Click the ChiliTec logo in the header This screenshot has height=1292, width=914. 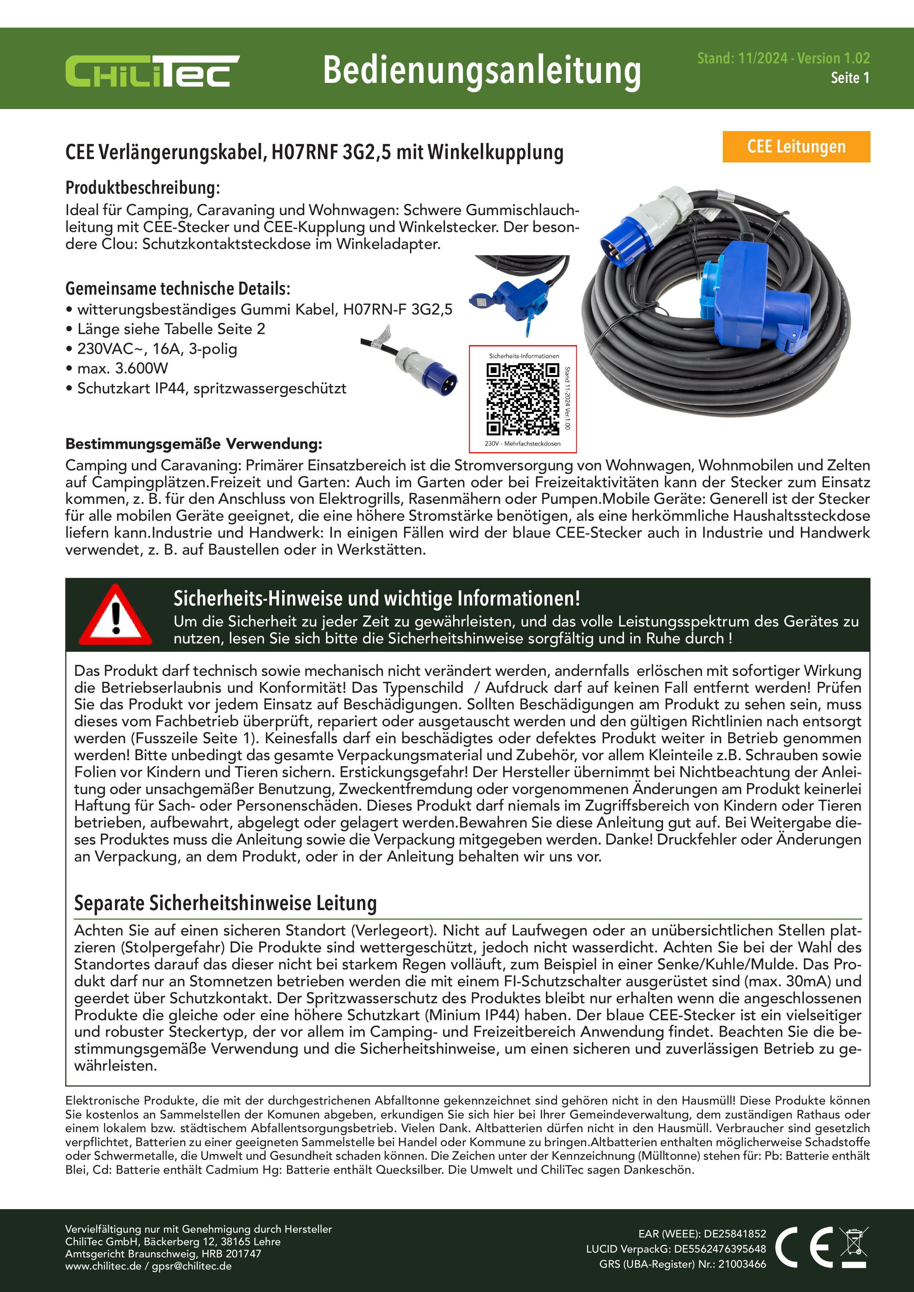coord(152,71)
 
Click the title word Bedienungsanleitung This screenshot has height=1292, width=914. coord(482,71)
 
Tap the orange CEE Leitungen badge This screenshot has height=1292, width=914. coord(796,147)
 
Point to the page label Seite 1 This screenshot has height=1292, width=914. coord(850,78)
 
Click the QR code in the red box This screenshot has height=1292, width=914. coord(523,399)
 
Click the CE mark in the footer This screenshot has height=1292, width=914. coord(804,1247)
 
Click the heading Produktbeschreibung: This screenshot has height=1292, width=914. coord(143,187)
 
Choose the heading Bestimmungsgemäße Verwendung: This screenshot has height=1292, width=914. coord(194,444)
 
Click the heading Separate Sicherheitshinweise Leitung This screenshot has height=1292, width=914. coord(225,903)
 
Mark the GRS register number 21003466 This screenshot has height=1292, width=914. coord(742,1264)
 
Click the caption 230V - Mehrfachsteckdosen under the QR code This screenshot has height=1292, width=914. coord(522,443)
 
